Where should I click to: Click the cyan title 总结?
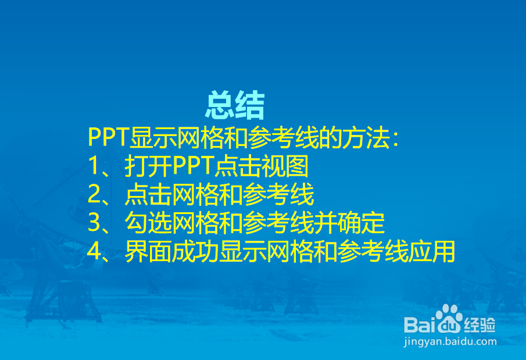pos(235,106)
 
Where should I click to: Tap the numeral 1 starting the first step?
pos(95,167)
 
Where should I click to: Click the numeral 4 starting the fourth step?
pos(95,252)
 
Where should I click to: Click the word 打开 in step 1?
pos(148,167)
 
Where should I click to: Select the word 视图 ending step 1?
pos(285,167)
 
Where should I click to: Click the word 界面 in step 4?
pos(148,252)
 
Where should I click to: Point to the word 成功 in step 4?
pos(195,252)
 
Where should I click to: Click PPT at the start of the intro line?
pos(108,138)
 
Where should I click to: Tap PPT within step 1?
pos(194,167)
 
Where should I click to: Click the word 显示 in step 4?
pos(243,252)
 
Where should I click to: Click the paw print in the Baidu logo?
pos(448,318)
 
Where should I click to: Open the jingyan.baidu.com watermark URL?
pos(450,343)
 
